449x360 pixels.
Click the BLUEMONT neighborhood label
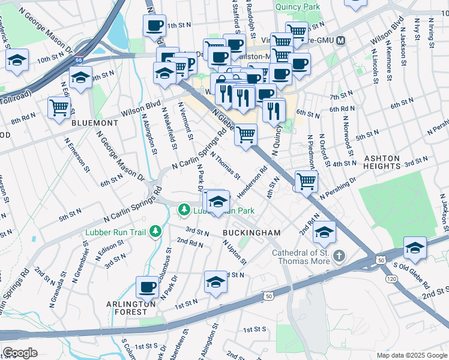90,122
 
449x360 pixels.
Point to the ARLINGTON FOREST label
127,307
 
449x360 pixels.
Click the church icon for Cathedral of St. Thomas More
339,256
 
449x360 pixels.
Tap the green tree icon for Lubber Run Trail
155,231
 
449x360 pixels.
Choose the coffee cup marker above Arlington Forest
147,287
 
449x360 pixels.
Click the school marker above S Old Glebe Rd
415,247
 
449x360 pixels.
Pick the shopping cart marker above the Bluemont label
59,108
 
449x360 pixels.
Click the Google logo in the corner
20,352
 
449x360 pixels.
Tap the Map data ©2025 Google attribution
412,355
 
